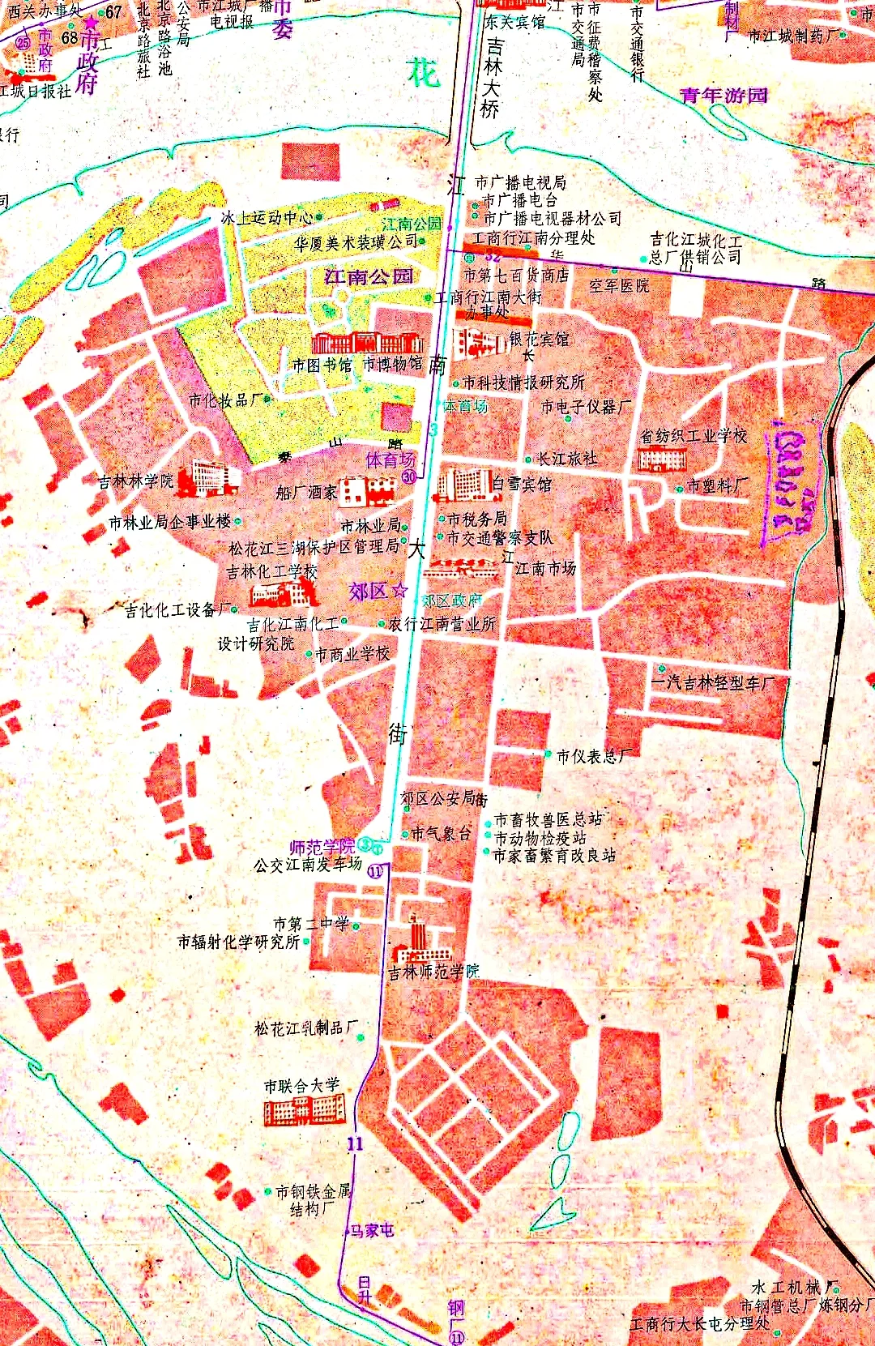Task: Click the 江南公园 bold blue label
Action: tap(369, 276)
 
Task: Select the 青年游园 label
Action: tap(723, 96)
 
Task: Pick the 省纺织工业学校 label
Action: tap(694, 436)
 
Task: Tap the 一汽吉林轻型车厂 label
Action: tap(712, 683)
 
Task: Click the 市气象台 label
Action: tap(440, 833)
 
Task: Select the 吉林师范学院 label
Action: tap(433, 971)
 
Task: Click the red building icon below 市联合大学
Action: tap(305, 1109)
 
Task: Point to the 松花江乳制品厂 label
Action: tap(305, 1028)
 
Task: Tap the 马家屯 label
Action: tap(372, 1230)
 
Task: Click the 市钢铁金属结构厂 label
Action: tap(312, 1199)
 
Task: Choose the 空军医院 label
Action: tap(619, 286)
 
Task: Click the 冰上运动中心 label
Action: tap(267, 217)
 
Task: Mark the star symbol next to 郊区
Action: tap(399, 591)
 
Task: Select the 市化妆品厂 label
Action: tap(225, 400)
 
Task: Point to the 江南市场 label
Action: tap(545, 568)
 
